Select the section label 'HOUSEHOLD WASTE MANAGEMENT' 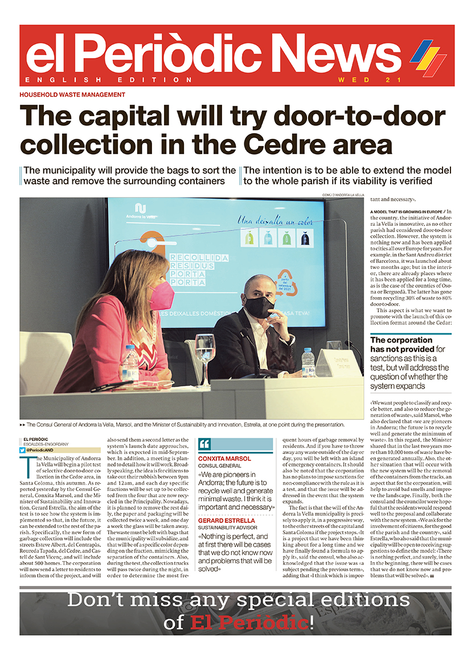pos(72,95)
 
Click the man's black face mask pos(259,307)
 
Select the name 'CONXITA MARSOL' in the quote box pos(225,458)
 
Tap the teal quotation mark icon pos(205,444)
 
